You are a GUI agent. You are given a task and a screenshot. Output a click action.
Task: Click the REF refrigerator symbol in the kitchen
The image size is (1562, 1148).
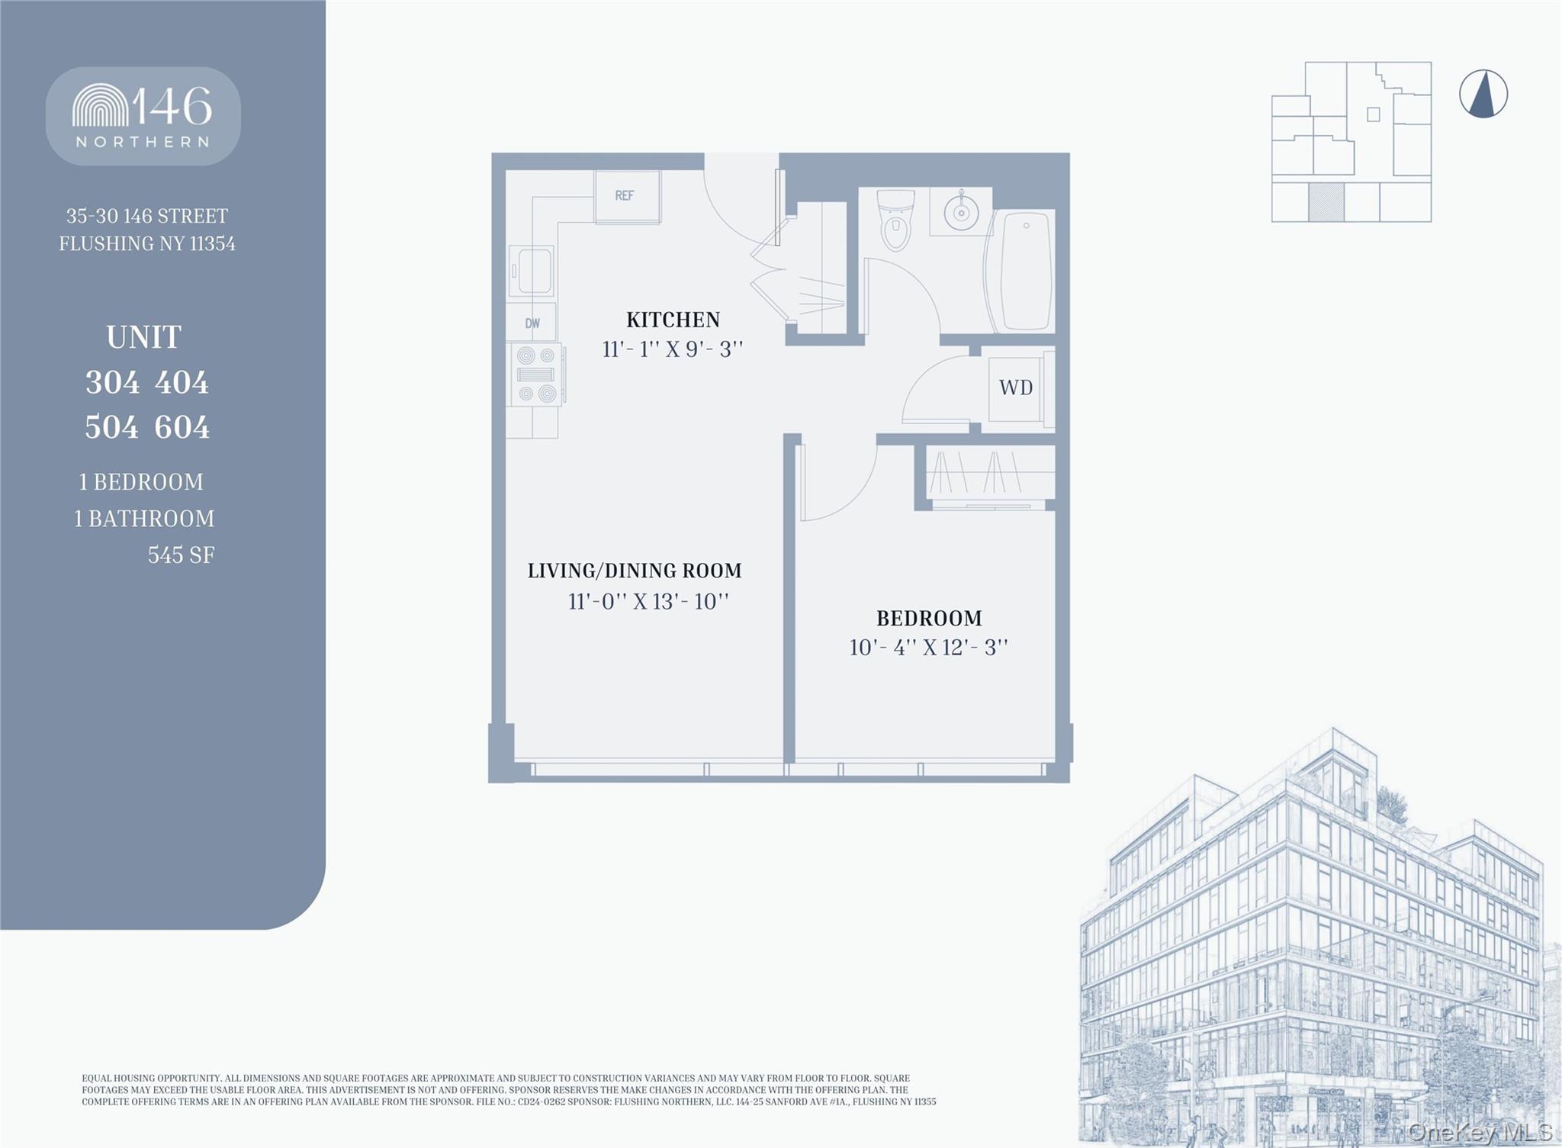pos(627,197)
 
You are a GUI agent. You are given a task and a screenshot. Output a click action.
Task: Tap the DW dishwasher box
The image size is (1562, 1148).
pos(532,323)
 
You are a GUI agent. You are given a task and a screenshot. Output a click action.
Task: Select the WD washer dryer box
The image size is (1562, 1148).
pos(1016,388)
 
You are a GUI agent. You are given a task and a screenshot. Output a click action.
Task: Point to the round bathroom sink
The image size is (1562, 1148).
pos(961,212)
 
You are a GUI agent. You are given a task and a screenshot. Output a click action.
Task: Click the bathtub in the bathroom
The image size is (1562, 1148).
pos(1024,272)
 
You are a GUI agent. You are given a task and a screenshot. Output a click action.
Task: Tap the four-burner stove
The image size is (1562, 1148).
pos(536,375)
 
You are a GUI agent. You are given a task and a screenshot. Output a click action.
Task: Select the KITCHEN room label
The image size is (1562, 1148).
pos(673,319)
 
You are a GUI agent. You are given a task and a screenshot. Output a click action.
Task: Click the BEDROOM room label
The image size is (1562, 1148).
pos(929,618)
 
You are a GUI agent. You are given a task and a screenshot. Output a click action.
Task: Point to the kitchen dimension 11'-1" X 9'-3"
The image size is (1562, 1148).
pos(672,349)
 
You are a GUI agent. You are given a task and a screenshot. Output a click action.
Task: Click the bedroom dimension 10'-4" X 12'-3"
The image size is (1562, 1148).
pos(928,648)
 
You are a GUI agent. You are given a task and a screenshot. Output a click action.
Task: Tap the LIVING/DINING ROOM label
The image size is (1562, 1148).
pos(635,571)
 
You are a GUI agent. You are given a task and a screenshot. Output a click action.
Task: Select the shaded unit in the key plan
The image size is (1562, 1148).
pos(1326,202)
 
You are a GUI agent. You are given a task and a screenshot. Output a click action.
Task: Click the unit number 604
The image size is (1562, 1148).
pos(182,427)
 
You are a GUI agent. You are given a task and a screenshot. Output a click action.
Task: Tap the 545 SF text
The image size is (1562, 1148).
pos(181,555)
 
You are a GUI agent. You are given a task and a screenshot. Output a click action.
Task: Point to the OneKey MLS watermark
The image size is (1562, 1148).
pos(1480,1132)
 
